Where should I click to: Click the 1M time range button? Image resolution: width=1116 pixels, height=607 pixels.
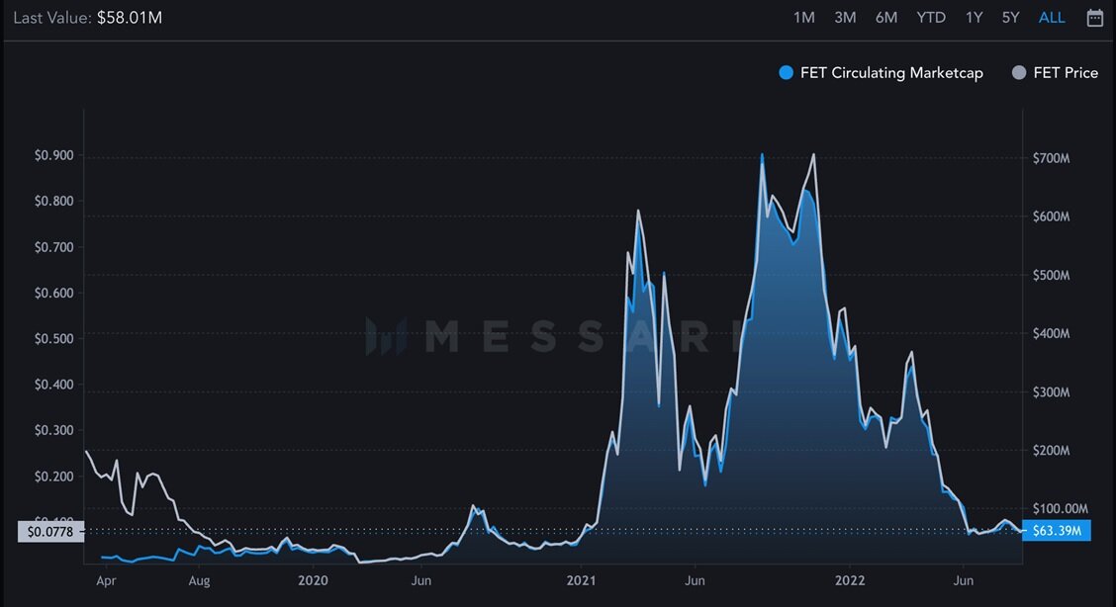tap(804, 18)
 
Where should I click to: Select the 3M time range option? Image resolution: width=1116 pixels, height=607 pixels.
tap(845, 18)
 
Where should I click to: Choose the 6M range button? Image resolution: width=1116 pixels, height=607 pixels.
tap(886, 18)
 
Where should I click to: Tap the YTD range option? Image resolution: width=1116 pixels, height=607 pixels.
tap(931, 18)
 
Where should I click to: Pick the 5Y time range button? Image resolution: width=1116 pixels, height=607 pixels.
tap(1010, 18)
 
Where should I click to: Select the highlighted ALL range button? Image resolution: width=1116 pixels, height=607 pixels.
tap(1052, 18)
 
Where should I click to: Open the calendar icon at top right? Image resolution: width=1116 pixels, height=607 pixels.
tap(1095, 18)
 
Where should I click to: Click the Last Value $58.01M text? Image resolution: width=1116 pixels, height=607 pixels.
tap(88, 18)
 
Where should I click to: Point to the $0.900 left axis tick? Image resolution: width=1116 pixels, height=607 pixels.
tap(54, 156)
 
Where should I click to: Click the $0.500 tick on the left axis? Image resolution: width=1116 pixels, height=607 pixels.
tap(54, 339)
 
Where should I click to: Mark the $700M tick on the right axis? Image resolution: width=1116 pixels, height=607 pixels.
tap(1051, 158)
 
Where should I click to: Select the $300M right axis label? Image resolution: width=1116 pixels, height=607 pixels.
tap(1051, 392)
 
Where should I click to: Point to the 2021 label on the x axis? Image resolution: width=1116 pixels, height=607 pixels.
tap(583, 580)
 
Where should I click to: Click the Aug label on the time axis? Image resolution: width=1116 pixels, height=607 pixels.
tap(199, 580)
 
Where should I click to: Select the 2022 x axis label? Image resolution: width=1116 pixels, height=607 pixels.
tap(850, 580)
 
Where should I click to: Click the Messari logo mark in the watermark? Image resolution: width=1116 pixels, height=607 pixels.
tap(385, 336)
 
